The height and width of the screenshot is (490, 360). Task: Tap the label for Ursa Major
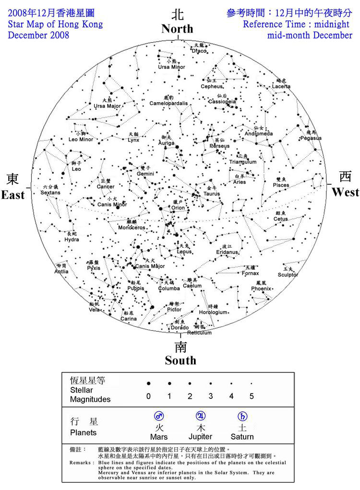point(107,106)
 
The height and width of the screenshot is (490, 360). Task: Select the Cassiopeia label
point(222,102)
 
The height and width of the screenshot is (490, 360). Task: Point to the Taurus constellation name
point(211,193)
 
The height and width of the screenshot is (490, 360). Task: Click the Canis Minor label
point(111,204)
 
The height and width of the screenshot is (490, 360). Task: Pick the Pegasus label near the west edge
point(311,138)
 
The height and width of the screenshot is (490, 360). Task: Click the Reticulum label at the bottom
point(199,333)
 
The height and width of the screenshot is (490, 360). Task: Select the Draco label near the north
point(199,51)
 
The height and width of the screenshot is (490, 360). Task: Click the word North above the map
point(177,29)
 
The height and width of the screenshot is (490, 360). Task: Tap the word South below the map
point(180,360)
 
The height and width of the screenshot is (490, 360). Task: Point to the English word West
point(345,192)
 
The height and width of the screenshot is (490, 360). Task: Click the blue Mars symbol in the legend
point(159,416)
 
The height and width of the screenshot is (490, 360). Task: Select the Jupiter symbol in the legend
point(201,416)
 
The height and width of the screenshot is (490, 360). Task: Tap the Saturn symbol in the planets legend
point(242,416)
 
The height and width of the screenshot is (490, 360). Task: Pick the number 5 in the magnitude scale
point(251,396)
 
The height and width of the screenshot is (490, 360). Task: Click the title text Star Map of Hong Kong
point(55,24)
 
